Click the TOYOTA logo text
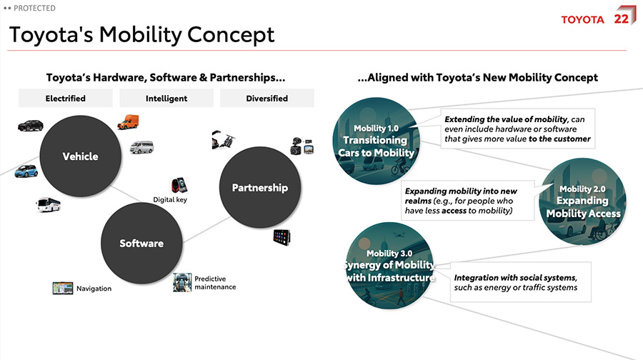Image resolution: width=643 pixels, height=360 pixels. click(582, 19)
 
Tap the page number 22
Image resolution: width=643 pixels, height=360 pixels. click(621, 19)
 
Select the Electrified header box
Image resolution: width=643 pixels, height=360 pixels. click(66, 99)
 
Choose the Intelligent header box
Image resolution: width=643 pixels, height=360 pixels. click(166, 99)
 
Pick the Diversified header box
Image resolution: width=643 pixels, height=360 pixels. click(267, 99)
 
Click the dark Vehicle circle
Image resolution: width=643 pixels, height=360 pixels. click(80, 156)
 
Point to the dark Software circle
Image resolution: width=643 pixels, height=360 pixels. click(141, 244)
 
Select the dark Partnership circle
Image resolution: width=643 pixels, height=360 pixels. click(259, 188)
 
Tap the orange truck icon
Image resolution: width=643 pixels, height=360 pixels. click(128, 122)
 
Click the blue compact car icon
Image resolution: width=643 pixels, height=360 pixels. click(26, 171)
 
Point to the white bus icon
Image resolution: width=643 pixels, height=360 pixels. click(49, 205)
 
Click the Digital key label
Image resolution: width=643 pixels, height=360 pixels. click(170, 200)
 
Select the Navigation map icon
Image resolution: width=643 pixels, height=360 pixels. click(63, 288)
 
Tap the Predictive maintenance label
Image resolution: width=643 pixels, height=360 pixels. click(215, 283)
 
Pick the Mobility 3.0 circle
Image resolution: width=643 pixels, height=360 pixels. click(389, 265)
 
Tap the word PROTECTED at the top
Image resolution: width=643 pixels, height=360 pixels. click(34, 8)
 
